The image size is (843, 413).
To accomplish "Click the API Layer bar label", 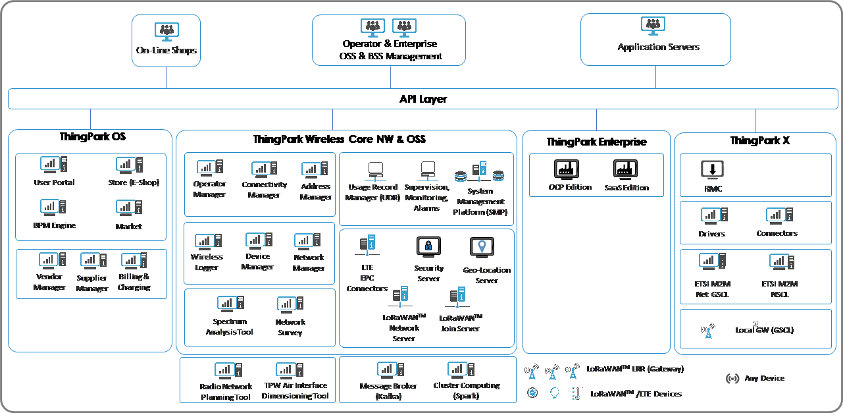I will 423,99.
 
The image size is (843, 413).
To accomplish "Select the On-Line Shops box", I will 166,40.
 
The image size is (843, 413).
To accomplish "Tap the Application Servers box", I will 655,39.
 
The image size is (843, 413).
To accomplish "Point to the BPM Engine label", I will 55,225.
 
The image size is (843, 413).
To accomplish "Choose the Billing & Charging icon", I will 134,261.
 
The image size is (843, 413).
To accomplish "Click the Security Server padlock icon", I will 428,247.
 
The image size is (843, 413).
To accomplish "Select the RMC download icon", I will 712,169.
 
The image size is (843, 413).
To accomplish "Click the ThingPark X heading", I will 754,141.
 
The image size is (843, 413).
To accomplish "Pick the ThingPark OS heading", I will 93,137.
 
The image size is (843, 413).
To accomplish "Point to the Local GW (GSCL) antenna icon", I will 708,330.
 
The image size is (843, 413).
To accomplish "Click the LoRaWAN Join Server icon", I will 458,297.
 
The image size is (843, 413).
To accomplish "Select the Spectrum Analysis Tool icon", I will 230,305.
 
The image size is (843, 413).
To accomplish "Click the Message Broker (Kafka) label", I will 388,391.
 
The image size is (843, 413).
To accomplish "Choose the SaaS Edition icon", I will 625,170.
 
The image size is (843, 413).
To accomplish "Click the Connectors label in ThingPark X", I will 777,233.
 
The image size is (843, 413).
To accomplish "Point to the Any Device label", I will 764,378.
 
